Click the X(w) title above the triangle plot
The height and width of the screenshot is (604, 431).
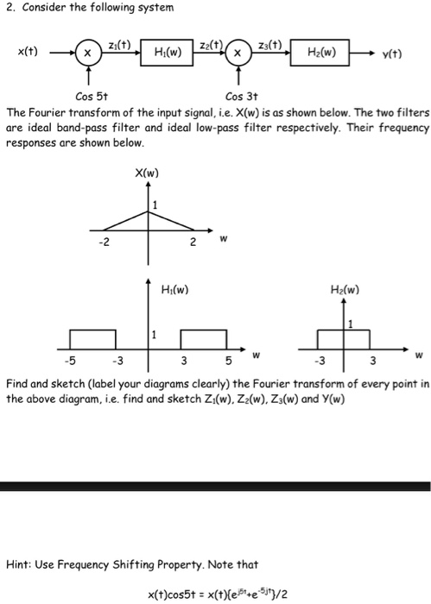click(x=145, y=173)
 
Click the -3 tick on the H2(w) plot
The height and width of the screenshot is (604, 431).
click(x=318, y=361)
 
